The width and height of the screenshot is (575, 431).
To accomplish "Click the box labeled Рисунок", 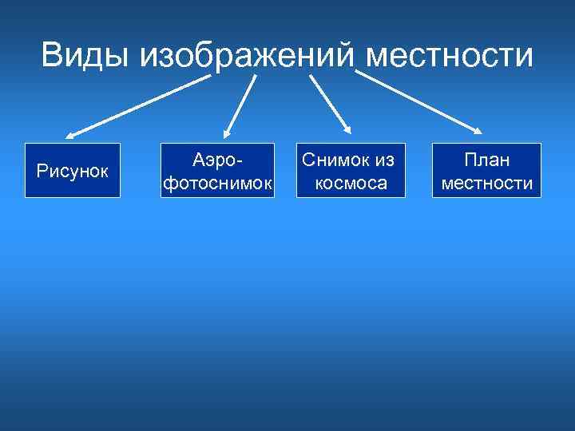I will point(73,170).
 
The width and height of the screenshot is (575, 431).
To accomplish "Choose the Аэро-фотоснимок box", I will point(217,170).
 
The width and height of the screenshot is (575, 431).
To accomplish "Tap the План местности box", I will point(487,170).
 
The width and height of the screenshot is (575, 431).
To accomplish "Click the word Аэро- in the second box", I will point(217,160).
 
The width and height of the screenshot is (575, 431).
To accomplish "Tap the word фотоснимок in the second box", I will point(217,184).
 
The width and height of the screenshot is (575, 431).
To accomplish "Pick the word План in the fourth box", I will point(487,160).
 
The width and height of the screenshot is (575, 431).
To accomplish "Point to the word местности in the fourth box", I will point(487,184).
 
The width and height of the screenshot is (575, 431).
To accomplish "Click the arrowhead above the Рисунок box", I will point(69,135).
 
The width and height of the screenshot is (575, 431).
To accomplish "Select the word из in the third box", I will point(383,160).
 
